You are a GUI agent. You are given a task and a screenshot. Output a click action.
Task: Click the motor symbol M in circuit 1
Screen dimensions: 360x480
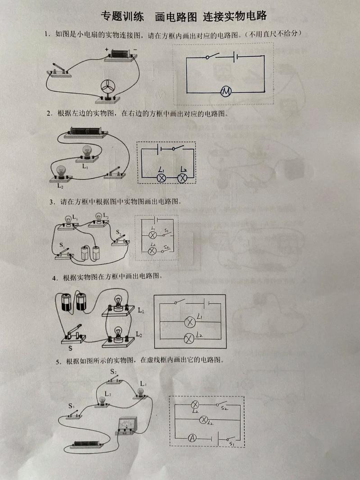[226, 91]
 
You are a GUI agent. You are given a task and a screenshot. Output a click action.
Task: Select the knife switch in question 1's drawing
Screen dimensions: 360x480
[59, 70]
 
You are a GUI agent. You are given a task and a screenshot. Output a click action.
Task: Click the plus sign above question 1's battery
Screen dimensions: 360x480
[107, 49]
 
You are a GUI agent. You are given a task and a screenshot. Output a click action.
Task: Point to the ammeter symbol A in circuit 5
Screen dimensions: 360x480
[192, 438]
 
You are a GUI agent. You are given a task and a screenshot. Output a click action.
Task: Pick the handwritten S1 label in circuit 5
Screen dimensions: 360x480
[231, 444]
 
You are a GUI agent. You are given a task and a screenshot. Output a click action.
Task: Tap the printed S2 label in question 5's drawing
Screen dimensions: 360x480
[113, 372]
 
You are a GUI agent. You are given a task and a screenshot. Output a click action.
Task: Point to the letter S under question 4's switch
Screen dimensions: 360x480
[70, 348]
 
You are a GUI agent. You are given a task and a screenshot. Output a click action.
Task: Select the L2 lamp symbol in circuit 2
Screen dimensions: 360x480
[183, 178]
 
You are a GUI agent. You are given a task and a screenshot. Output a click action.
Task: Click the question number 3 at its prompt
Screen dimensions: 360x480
[52, 202]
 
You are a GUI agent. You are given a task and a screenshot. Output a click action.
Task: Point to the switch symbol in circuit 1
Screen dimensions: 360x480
[212, 56]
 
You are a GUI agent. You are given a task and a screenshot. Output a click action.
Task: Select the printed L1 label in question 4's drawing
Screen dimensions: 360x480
[141, 310]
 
